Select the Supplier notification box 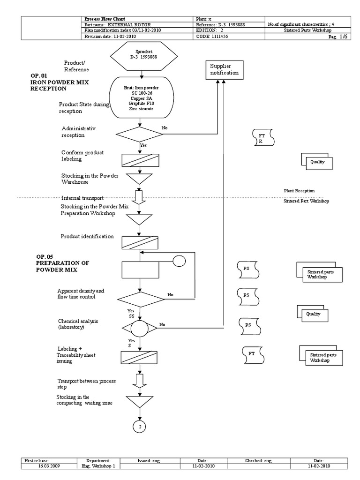tap(224, 70)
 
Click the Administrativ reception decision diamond tap(140, 134)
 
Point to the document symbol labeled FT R tap(263, 138)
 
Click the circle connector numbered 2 tap(140, 427)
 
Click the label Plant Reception tap(299, 191)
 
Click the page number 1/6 tap(344, 36)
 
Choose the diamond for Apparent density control tap(140, 299)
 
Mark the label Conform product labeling tap(82, 156)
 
